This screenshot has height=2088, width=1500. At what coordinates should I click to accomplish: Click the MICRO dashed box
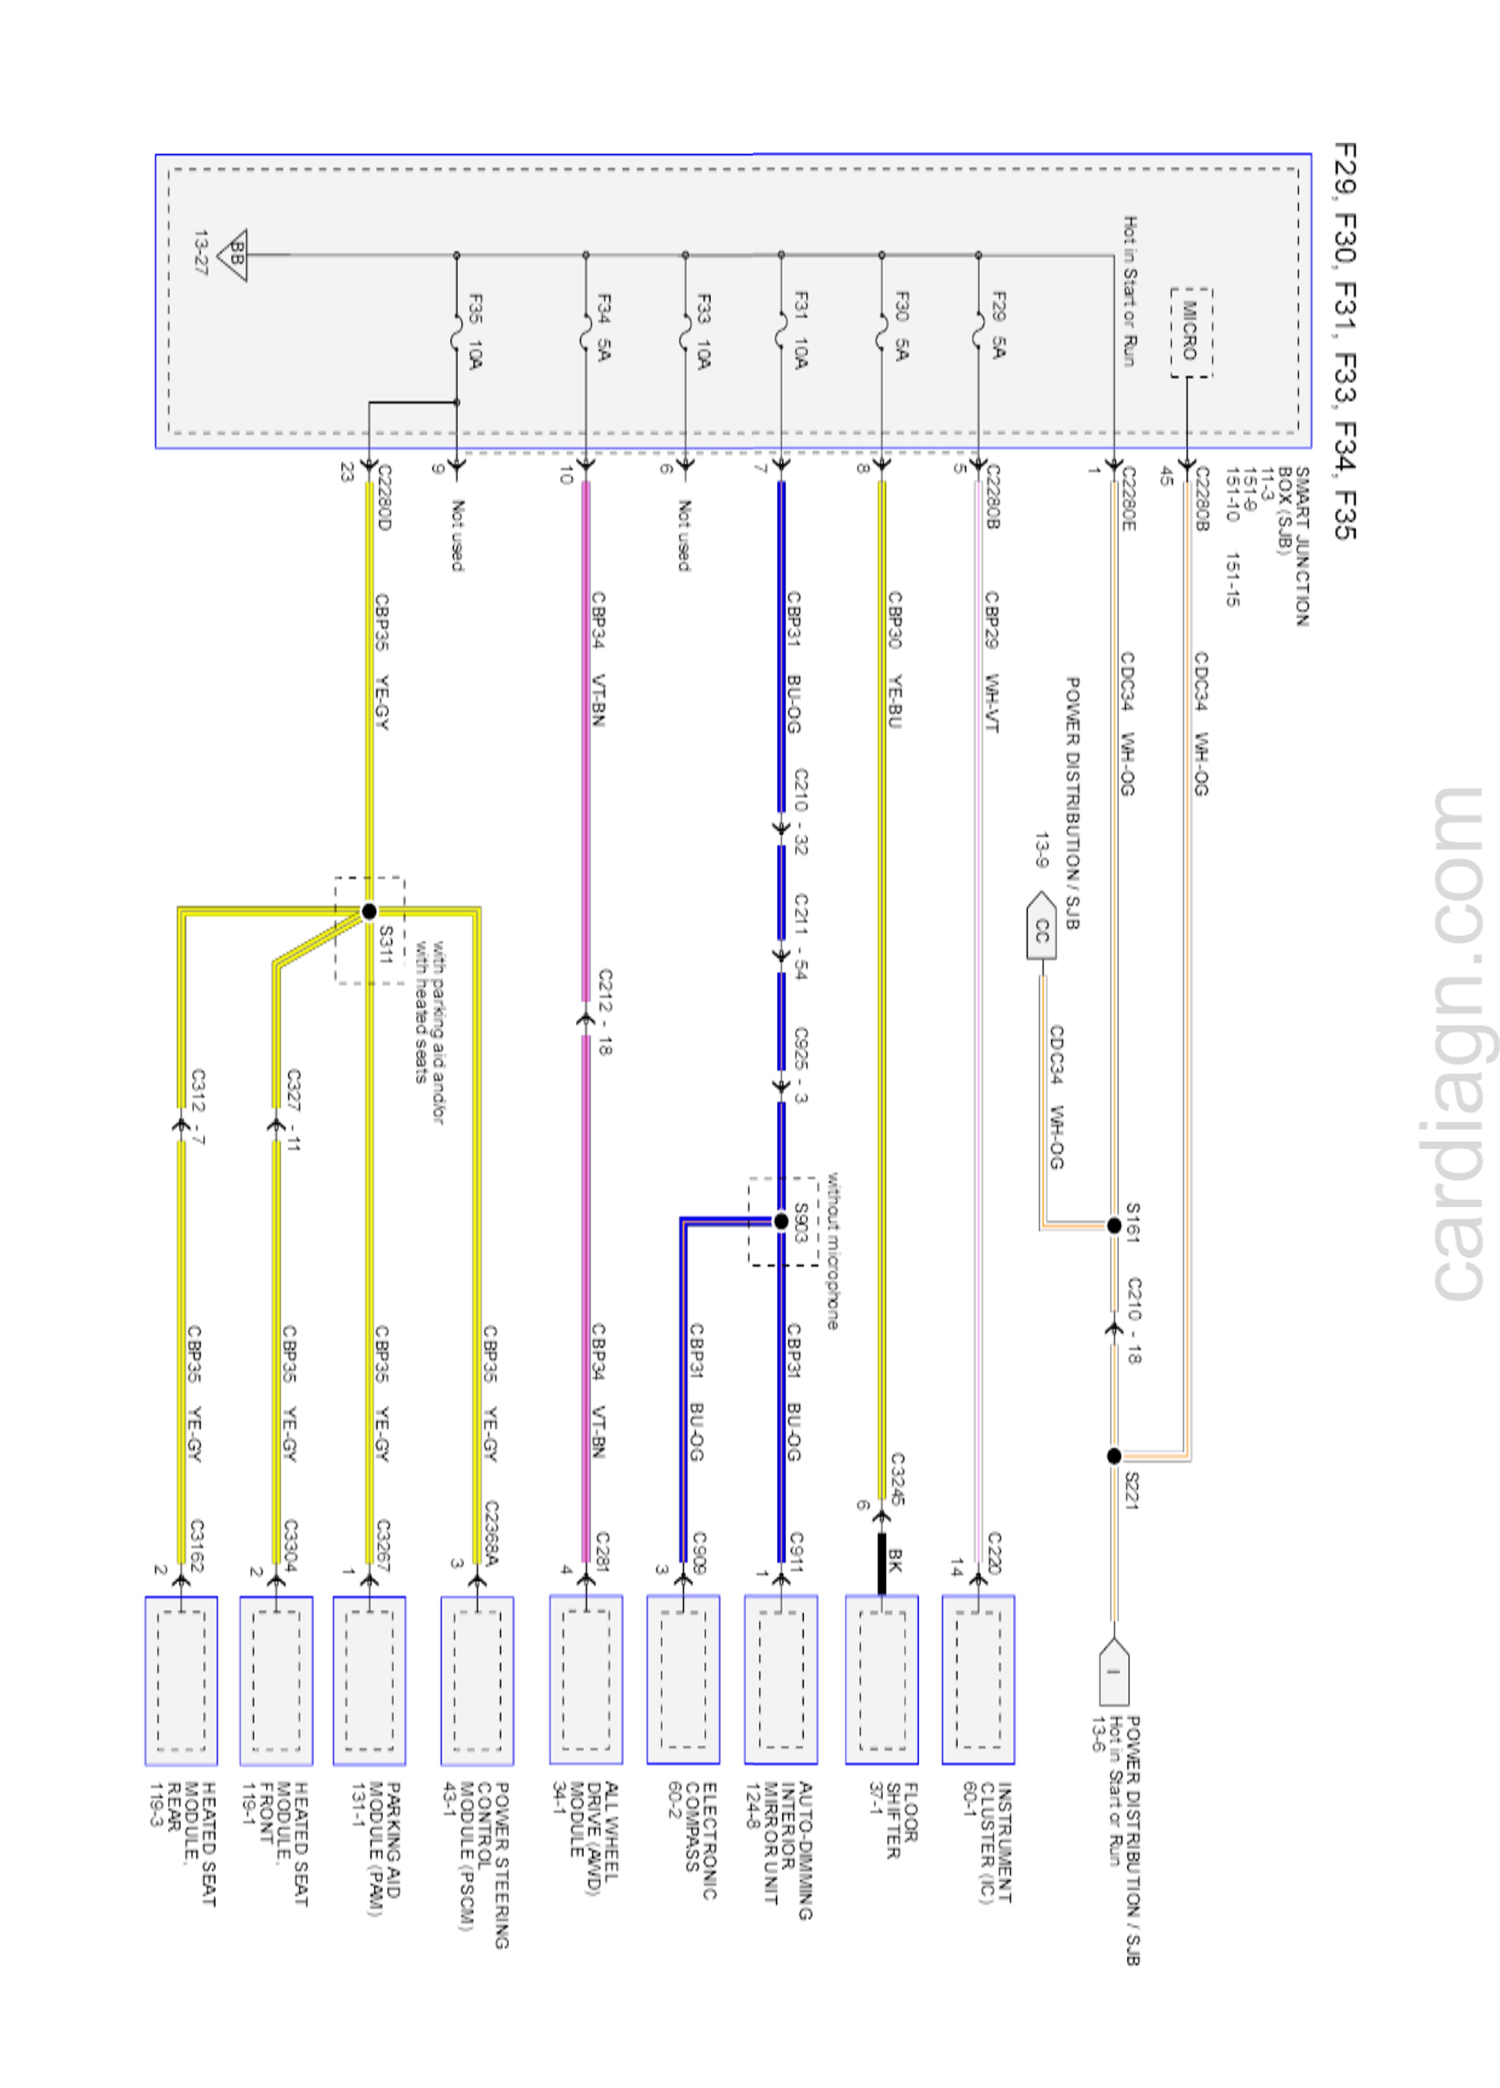coord(1191,332)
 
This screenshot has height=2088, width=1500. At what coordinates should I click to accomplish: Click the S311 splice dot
coord(369,911)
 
